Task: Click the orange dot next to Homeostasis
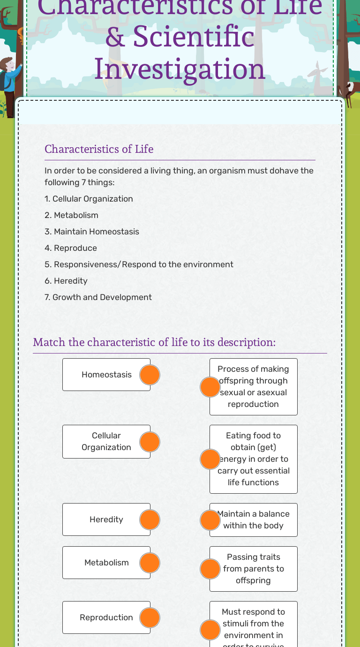pos(150,375)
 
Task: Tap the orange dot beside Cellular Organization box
pos(150,442)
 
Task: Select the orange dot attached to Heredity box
pos(150,520)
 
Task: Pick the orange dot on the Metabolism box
pos(150,563)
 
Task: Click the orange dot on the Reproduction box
pos(150,618)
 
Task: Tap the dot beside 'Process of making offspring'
pos(210,387)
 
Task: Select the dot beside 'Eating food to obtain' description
pos(210,459)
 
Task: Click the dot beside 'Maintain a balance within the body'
pos(210,520)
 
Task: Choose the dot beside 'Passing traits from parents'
pos(210,569)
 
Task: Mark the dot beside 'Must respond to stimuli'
pos(210,630)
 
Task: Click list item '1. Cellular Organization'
pos(89,199)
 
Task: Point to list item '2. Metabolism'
pos(71,215)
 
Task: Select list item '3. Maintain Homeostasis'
pos(92,232)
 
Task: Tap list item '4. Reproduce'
pos(71,248)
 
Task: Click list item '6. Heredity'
pos(66,281)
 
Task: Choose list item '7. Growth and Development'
pos(98,297)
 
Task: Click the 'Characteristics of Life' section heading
pos(99,149)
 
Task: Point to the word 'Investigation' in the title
pos(180,68)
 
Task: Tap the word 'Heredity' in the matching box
pos(106,519)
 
